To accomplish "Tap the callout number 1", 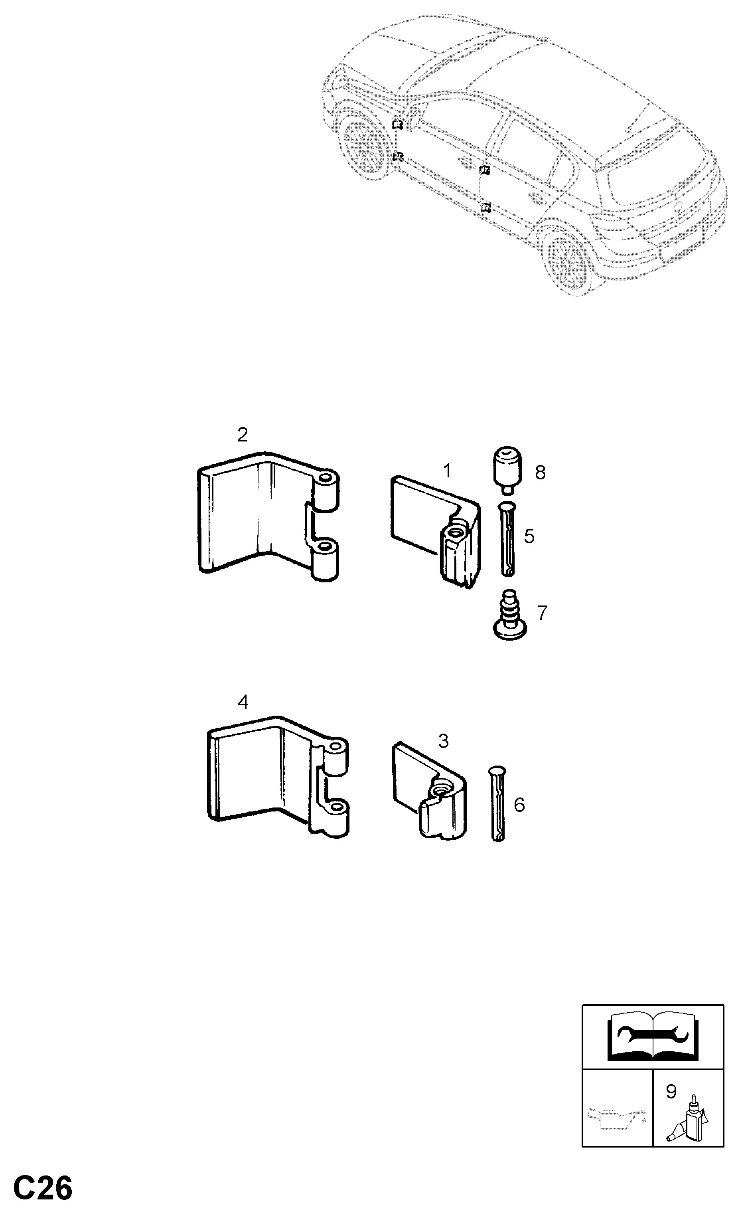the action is point(447,471).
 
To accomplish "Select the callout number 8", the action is point(540,473).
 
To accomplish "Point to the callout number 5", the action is point(529,536).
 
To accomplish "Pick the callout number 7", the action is point(542,613).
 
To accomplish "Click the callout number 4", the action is point(243,702).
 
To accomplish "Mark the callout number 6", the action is point(519,805).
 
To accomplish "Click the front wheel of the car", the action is point(364,149).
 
